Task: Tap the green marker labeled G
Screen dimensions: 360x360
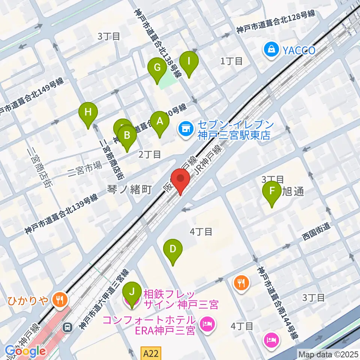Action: [157, 69]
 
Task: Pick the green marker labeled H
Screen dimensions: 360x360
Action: [88, 112]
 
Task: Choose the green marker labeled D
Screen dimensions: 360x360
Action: [172, 249]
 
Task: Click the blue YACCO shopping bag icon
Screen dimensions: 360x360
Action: [271, 49]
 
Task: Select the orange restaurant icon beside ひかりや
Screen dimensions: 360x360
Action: [60, 299]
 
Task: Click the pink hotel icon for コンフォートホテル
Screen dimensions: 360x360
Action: [206, 322]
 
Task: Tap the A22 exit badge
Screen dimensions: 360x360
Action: [152, 353]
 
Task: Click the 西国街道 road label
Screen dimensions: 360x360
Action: [317, 237]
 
